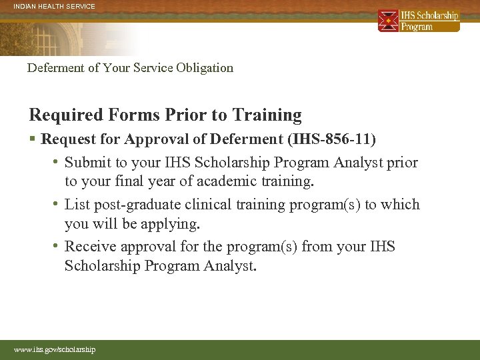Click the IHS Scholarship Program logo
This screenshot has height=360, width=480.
point(419,21)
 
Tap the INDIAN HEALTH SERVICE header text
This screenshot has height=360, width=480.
point(54,7)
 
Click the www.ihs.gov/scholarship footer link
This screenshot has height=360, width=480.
point(55,349)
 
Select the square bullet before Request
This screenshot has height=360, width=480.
point(33,139)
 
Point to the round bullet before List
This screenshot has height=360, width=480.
point(57,205)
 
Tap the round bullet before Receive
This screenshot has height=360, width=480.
point(57,247)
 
